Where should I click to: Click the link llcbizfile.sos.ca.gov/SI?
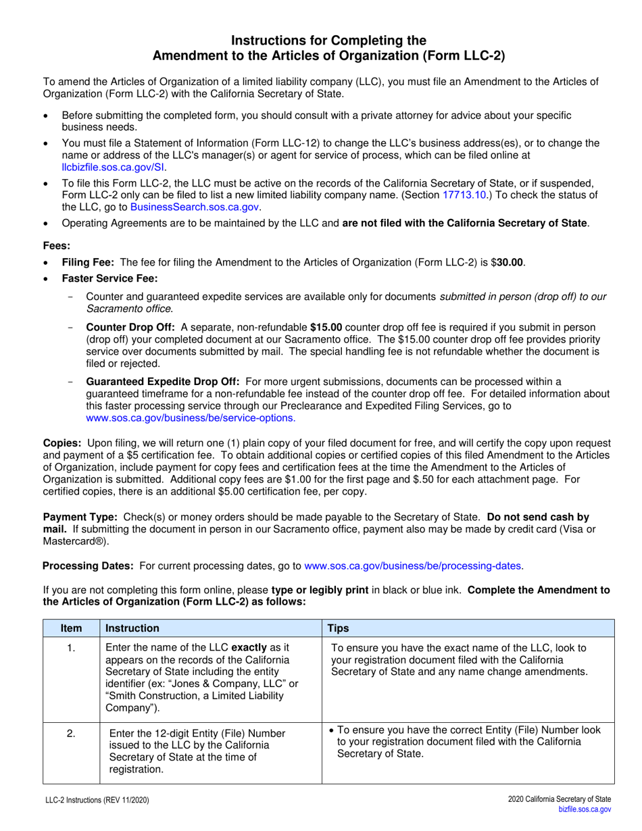point(113,168)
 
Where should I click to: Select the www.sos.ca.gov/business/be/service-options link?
point(191,418)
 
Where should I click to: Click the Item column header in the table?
point(71,628)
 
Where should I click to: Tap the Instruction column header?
point(132,628)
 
